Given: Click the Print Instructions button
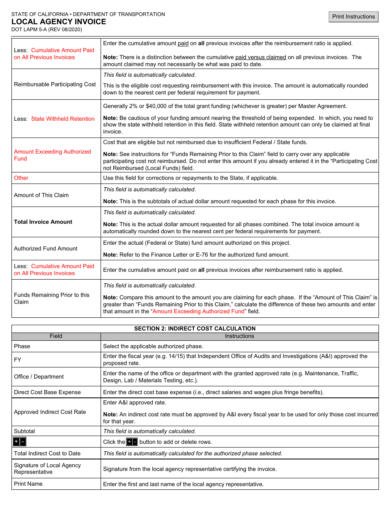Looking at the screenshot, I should [353, 17].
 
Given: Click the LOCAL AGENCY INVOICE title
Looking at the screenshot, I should [59, 22].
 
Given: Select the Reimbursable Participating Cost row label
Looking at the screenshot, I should [55, 84].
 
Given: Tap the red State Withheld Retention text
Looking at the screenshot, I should [63, 119].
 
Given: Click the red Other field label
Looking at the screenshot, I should [21, 178].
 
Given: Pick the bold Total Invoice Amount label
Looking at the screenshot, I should [43, 222].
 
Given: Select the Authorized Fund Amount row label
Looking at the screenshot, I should [46, 248].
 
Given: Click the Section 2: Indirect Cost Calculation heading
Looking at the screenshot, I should [195, 328].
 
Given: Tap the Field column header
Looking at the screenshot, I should [56, 336].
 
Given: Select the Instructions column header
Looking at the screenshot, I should [239, 336].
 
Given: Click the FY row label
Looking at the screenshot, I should [18, 360].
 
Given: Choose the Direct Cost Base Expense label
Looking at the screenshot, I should [47, 392].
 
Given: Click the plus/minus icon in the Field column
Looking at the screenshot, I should [20, 442].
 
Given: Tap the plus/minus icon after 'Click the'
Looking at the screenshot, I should [132, 442].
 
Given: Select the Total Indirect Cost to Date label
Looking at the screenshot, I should [47, 453].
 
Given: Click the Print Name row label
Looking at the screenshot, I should [28, 484].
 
